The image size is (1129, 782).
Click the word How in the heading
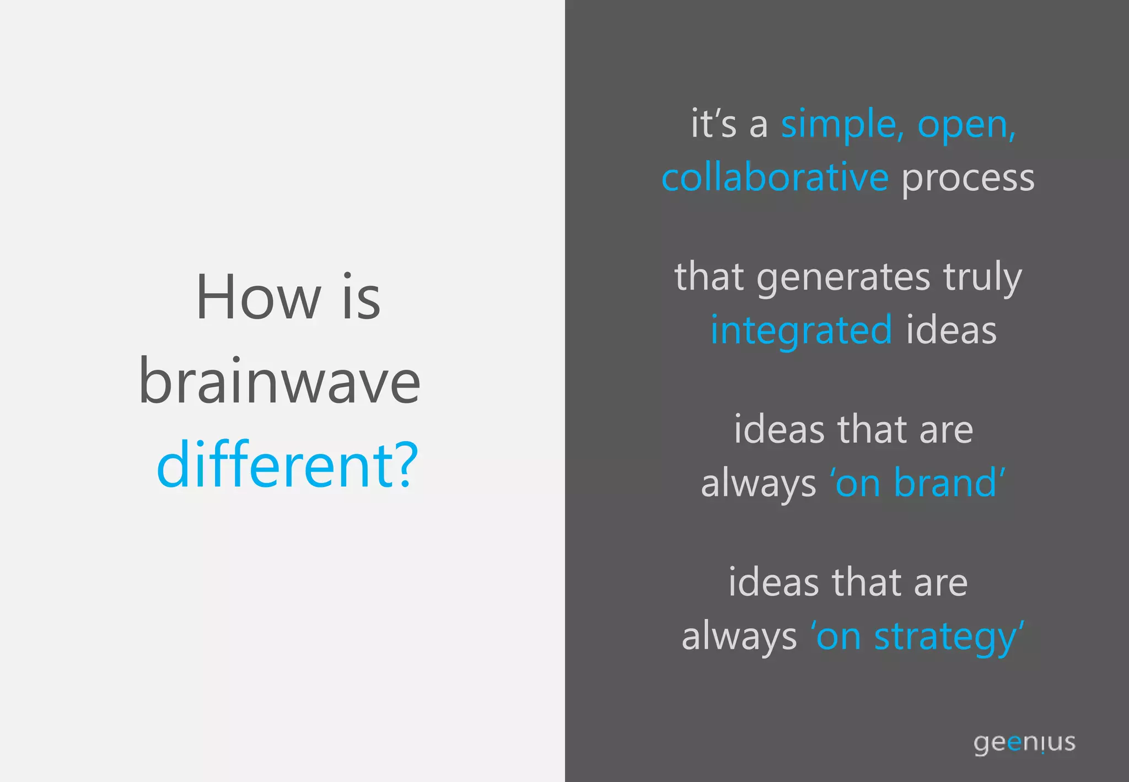(x=258, y=298)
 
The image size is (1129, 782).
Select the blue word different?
(x=287, y=464)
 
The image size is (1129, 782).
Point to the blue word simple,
(x=842, y=125)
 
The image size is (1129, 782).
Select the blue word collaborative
(x=775, y=178)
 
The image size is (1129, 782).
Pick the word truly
(x=982, y=277)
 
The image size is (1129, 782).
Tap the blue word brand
(x=945, y=483)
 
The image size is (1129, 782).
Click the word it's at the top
(x=713, y=124)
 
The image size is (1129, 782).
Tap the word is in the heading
(x=361, y=298)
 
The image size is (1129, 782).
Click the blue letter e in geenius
(x=1015, y=742)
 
